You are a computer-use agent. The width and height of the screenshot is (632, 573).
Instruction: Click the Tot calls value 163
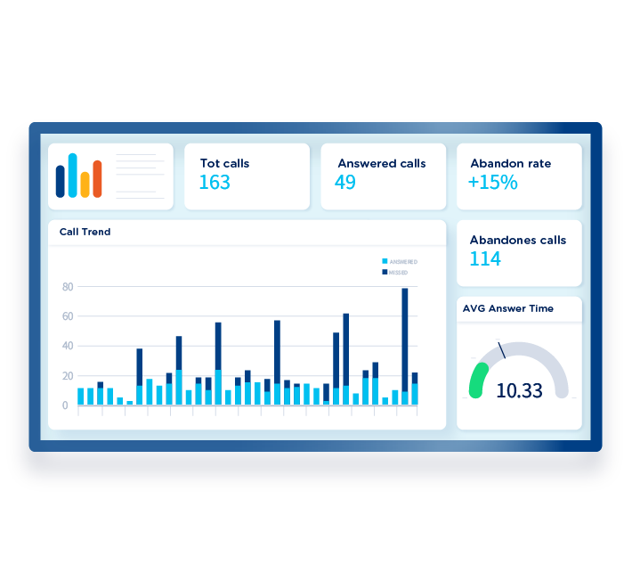215,183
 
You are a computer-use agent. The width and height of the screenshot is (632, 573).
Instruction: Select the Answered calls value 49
345,183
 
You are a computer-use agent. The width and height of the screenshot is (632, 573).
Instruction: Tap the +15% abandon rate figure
492,183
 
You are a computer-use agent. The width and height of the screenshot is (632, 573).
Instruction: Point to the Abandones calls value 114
485,259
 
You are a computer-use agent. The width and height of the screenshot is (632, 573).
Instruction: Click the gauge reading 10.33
519,390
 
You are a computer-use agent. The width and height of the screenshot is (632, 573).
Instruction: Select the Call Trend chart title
85,232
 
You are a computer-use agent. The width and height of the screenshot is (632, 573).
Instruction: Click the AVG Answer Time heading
507,308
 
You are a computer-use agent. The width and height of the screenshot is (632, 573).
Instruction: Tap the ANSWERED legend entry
401,261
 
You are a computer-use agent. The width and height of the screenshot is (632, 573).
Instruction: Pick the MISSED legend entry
396,272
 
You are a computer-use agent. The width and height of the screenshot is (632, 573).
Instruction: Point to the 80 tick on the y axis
67,287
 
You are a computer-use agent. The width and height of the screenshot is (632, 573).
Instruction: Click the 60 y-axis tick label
67,316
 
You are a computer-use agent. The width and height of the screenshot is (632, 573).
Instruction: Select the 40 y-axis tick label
67,346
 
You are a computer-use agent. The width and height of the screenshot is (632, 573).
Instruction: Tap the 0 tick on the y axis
67,405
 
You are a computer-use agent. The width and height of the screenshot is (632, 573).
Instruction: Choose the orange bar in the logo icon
97,178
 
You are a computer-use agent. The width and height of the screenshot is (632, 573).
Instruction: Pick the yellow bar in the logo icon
85,184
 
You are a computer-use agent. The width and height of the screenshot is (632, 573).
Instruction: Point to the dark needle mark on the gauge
502,350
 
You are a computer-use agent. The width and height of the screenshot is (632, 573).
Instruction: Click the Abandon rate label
510,164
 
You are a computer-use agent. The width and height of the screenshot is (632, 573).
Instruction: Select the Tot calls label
224,164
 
